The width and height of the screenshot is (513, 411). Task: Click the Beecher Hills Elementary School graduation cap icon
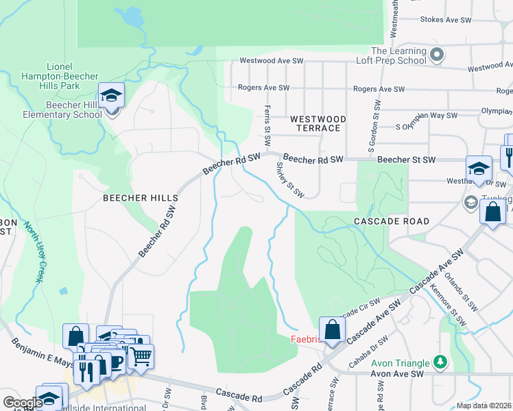coord(110,96)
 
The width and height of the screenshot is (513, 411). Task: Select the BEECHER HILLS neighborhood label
coord(140,197)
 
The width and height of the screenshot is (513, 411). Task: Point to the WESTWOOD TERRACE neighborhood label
coord(318,123)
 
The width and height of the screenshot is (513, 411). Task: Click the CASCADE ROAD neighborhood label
coord(392,221)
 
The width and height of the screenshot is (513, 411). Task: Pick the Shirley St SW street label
coord(289,180)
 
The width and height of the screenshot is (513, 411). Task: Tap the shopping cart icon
coord(141,356)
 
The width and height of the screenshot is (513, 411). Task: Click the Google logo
coord(23,403)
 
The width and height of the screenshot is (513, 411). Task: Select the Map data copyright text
coord(484,406)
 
